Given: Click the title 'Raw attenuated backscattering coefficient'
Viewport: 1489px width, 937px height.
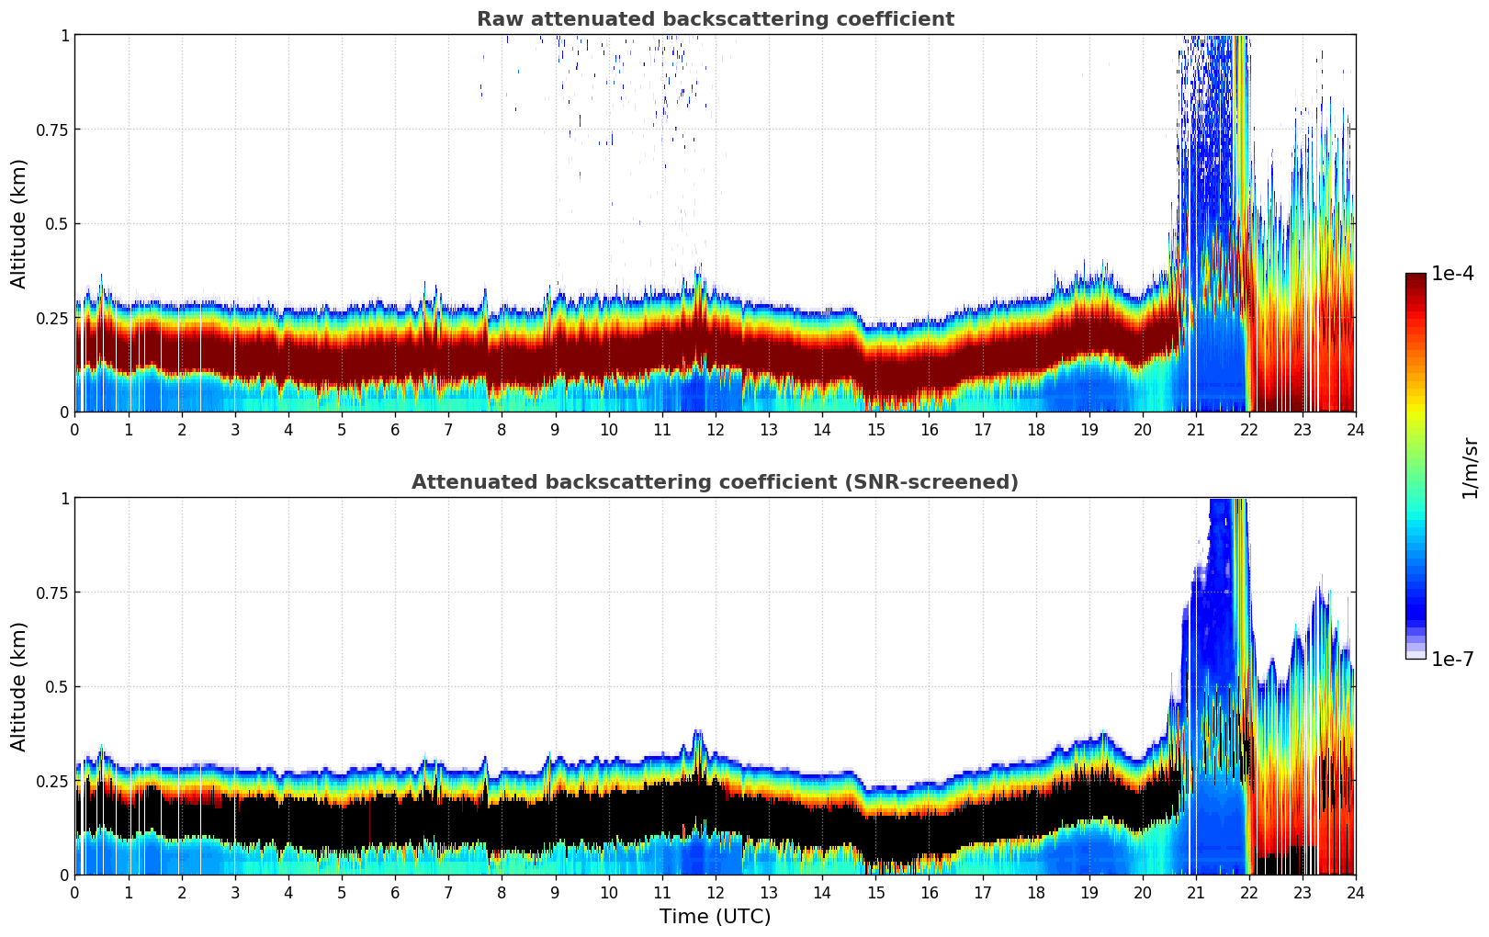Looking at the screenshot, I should coord(715,19).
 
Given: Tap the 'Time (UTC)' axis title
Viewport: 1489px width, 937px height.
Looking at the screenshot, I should coord(715,916).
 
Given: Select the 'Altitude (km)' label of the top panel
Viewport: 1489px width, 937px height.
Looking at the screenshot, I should coord(19,223).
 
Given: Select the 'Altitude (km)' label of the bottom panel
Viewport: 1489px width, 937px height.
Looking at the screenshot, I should coord(19,686).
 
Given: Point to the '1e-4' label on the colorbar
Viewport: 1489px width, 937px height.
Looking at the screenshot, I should coord(1452,274).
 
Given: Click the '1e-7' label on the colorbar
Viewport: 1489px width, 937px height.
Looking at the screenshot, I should coord(1452,659).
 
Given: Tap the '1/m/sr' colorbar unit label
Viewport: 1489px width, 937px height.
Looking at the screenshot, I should coord(1470,468).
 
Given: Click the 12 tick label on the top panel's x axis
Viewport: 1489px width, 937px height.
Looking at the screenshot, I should coord(715,429).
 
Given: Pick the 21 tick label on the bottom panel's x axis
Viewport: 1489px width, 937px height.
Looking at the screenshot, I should coord(1195,892).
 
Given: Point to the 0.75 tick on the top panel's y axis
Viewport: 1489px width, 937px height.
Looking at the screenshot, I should coord(51,130).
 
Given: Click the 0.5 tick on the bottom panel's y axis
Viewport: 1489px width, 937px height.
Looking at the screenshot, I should coord(57,686).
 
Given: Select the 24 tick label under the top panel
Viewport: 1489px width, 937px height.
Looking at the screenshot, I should coord(1355,429).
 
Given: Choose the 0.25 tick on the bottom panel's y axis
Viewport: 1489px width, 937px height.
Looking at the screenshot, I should coord(51,781).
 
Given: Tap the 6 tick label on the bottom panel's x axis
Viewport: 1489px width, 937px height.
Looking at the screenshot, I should coord(395,892).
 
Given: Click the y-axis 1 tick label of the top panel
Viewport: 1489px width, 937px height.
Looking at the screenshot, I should coord(64,35).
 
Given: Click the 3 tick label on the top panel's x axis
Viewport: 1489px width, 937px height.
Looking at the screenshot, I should coord(235,429).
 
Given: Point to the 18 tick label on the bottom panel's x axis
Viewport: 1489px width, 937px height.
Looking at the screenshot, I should coord(1035,892).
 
